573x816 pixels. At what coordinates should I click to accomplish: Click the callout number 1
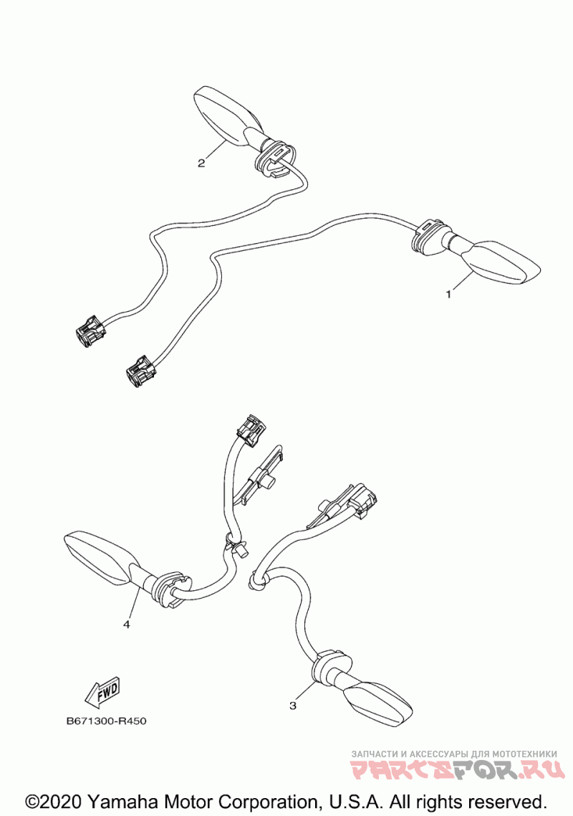click(x=449, y=294)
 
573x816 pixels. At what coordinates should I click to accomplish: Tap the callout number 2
click(x=201, y=163)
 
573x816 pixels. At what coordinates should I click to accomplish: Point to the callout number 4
click(x=127, y=625)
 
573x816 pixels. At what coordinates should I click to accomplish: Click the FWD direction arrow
click(x=102, y=691)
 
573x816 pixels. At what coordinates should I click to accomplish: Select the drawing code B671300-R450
click(x=106, y=721)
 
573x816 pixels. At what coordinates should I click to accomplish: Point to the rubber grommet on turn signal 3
click(x=328, y=665)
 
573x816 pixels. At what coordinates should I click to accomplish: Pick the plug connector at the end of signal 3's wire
click(x=362, y=498)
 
